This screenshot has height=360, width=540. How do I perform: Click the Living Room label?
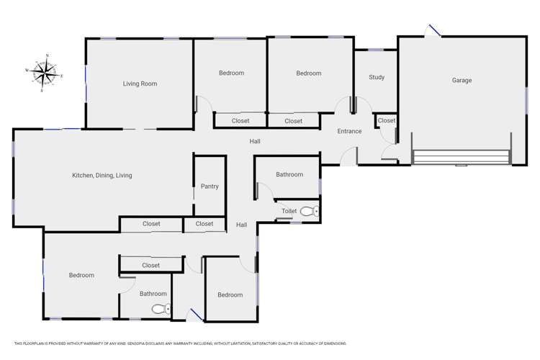point(140,84)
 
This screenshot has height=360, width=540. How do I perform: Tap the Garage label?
point(462,81)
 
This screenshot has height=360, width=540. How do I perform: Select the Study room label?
point(377,78)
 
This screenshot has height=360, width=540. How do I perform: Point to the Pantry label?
point(210,187)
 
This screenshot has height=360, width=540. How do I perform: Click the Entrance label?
point(350,132)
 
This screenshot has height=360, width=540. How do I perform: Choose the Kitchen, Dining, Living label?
point(102,176)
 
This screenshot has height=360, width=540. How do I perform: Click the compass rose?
point(47,73)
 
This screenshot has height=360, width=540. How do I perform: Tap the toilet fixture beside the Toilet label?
point(310,212)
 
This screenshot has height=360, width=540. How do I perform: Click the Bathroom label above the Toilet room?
point(289,175)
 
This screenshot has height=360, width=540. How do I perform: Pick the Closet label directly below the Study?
point(387,121)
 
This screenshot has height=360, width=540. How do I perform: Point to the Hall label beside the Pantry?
point(242,225)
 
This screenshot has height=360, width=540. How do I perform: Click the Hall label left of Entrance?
point(255,142)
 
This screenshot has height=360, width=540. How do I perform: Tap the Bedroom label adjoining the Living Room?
point(231,73)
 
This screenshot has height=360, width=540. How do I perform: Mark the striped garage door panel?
point(461,157)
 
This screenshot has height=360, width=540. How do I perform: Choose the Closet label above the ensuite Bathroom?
point(150,266)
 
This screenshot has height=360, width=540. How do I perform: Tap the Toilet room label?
point(289,211)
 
